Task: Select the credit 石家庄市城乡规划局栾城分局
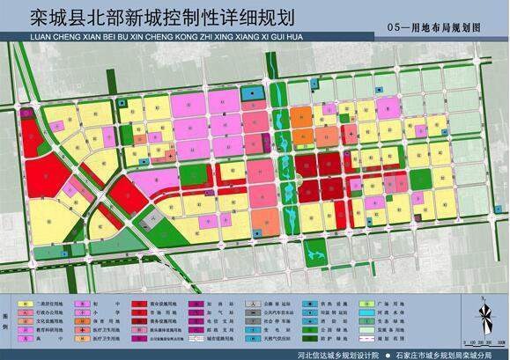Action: (x=438, y=353)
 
